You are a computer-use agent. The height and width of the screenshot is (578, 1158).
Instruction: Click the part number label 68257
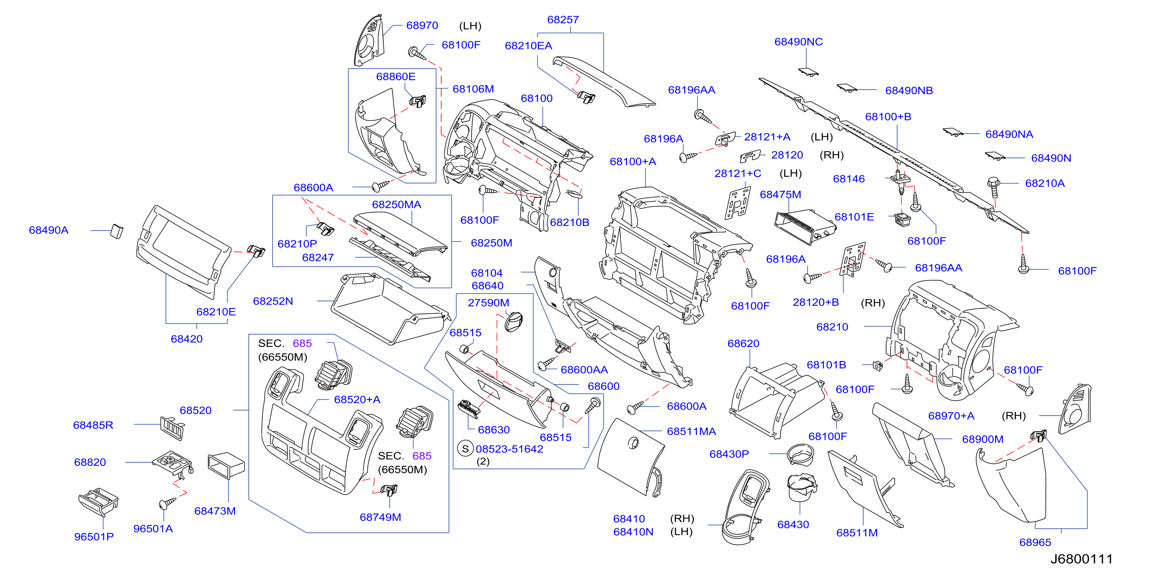(562, 20)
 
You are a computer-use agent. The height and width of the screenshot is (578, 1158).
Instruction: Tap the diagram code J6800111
(1081, 559)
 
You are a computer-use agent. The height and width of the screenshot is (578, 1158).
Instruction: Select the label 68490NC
(798, 42)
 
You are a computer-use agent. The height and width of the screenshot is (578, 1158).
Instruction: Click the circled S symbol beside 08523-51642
(465, 448)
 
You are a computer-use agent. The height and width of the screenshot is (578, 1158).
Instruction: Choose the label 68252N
(273, 301)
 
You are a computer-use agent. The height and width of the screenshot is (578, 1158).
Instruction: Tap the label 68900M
(982, 439)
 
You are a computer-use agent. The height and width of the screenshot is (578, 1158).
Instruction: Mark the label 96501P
(93, 537)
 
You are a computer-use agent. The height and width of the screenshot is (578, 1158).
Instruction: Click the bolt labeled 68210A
(993, 187)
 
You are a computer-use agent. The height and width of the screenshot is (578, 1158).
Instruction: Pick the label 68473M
(215, 511)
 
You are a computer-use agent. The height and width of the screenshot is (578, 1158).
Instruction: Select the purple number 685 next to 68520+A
(302, 343)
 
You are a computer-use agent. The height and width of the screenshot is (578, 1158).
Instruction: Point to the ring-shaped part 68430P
(800, 454)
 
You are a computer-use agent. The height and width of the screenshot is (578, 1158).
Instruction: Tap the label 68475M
(780, 194)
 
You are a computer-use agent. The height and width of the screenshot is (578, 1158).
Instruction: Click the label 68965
(1035, 542)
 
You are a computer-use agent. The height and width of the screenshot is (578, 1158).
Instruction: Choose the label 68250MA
(396, 204)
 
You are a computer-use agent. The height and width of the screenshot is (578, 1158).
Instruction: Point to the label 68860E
(395, 76)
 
